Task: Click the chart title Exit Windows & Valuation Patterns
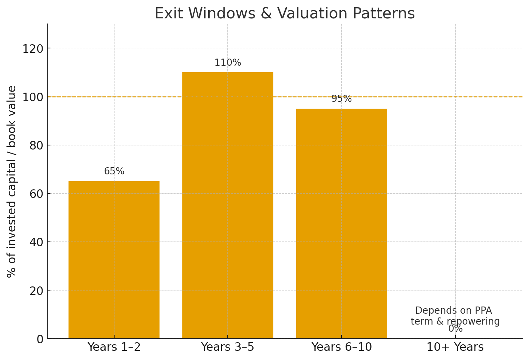tap(285, 14)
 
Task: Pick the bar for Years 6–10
tap(342, 223)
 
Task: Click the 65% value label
tap(114, 171)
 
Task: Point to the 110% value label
tap(228, 63)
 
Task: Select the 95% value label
tap(342, 99)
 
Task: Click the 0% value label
tap(455, 329)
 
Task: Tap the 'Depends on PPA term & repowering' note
tap(455, 316)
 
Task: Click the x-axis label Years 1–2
tap(114, 347)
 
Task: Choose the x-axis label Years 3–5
tap(228, 347)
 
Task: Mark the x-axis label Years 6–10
tap(342, 347)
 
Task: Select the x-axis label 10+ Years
tap(455, 347)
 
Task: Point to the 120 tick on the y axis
tap(33, 49)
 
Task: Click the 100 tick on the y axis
tap(33, 97)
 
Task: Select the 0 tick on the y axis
tap(40, 339)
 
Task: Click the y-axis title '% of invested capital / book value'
tap(12, 181)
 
